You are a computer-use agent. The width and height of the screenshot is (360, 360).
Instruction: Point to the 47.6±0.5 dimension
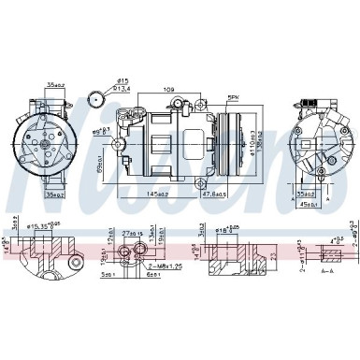[213, 194]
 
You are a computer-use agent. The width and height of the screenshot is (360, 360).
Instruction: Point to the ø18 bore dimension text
[223, 226]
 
